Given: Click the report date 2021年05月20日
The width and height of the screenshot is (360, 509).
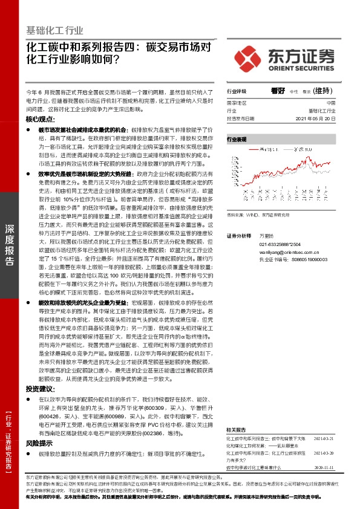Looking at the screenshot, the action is click(x=315, y=119).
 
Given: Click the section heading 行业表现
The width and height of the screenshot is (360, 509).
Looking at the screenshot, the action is click(x=237, y=139).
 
